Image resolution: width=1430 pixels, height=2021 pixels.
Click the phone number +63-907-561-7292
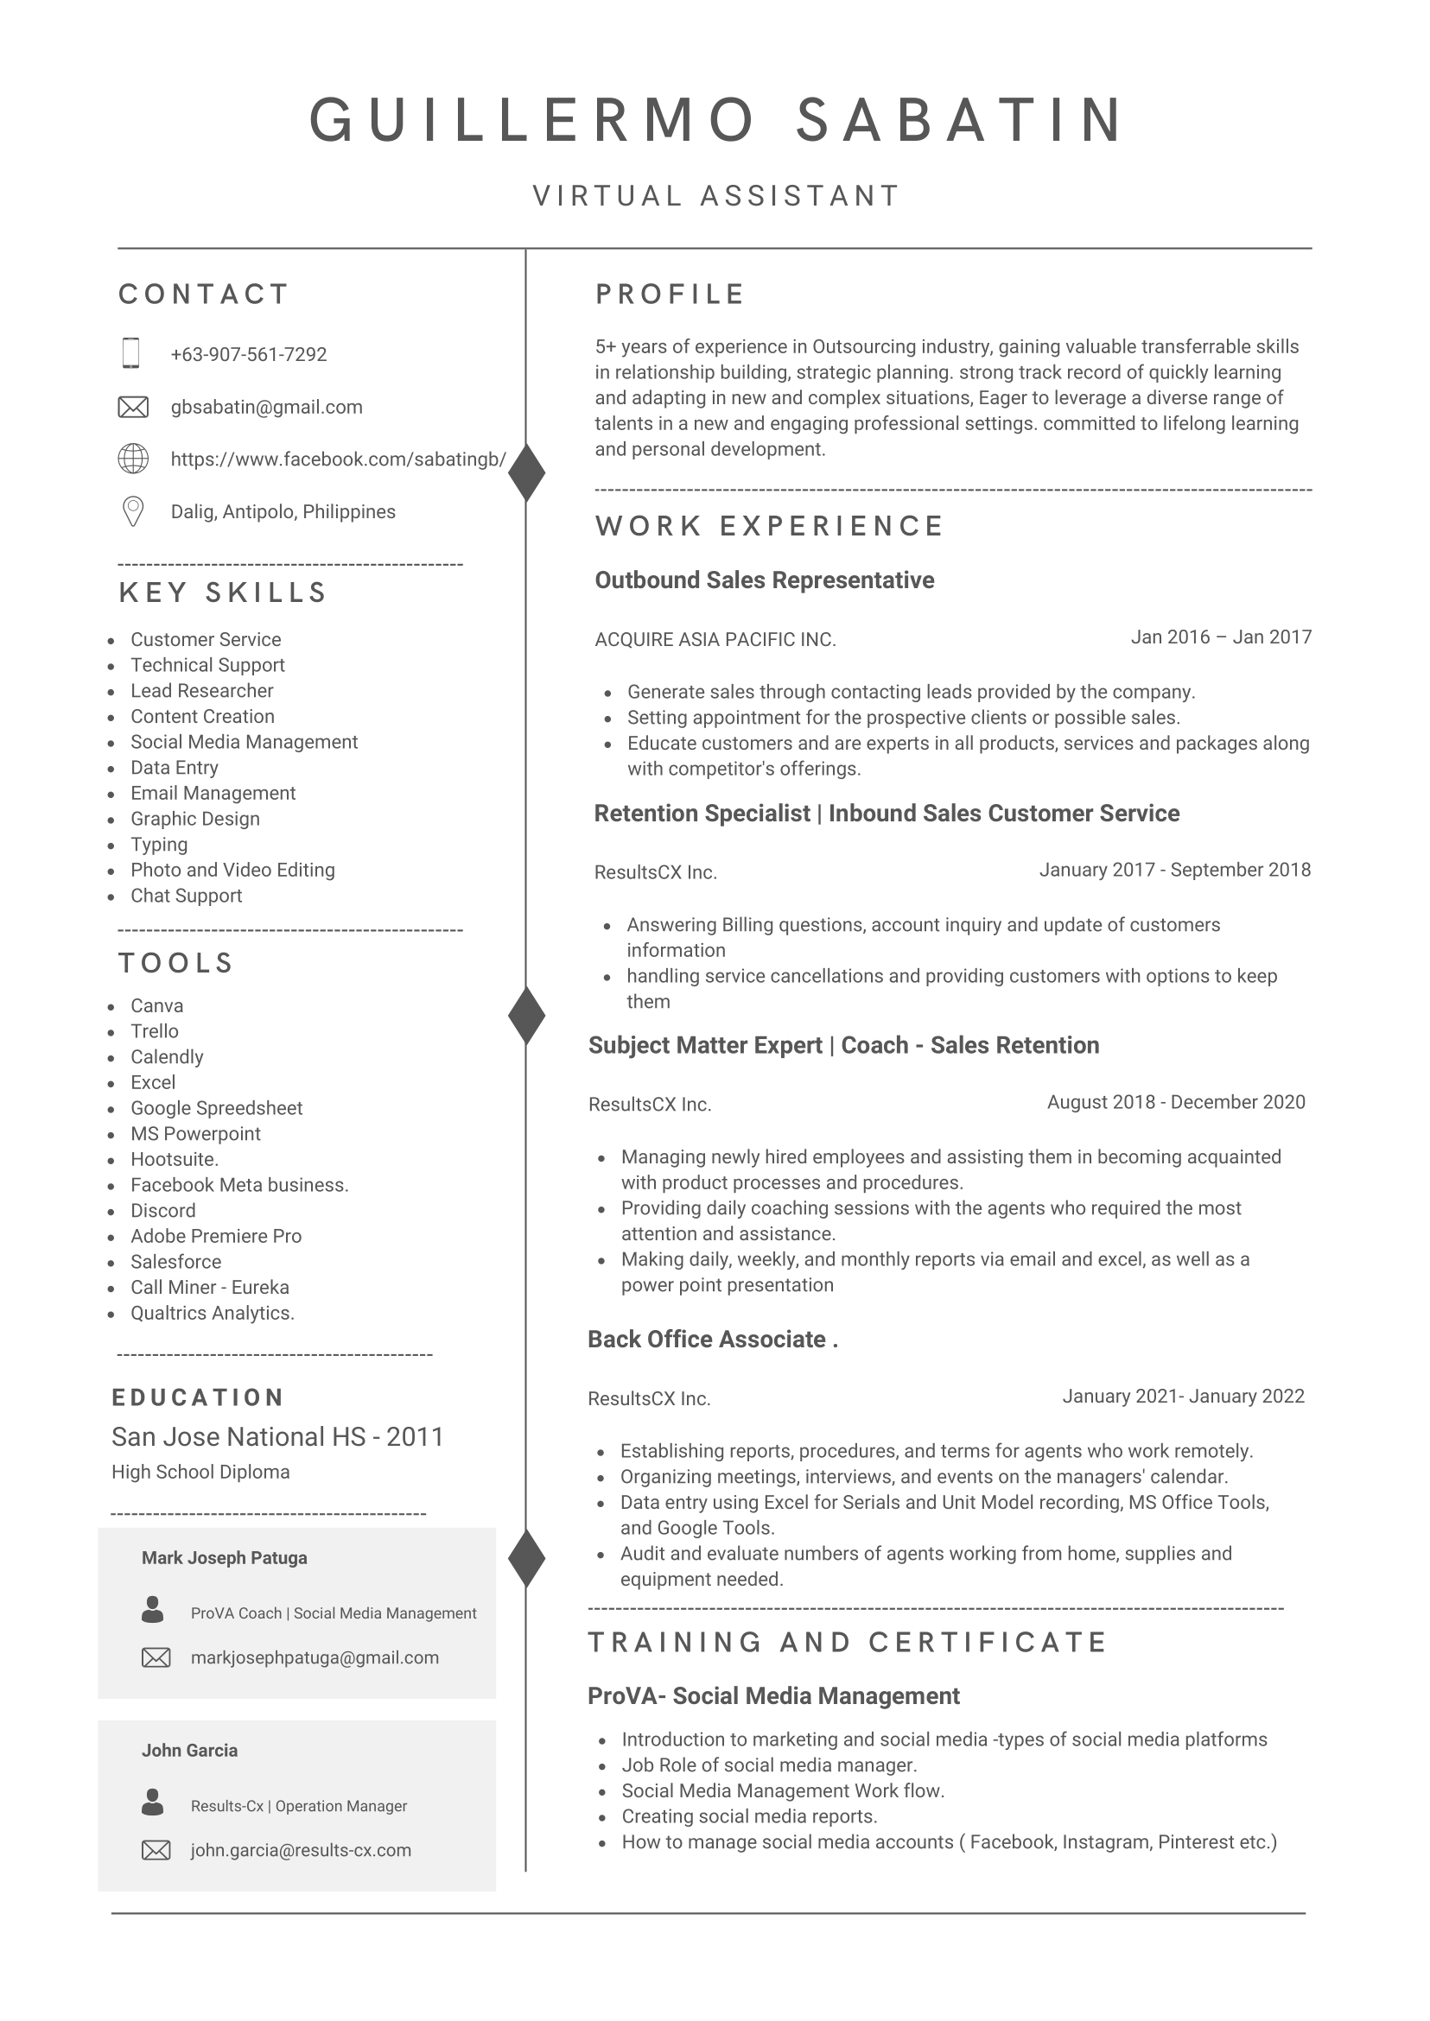pos(248,355)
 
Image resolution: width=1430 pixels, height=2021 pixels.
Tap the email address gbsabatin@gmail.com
pos(266,407)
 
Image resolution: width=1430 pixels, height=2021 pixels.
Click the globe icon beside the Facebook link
pos(133,459)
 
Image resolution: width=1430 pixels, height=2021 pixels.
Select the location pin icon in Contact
pos(133,511)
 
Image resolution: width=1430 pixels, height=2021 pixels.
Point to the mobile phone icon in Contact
pos(131,353)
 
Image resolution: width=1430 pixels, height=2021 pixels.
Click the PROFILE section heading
pos(671,294)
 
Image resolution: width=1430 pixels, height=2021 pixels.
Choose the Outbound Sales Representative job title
pos(765,580)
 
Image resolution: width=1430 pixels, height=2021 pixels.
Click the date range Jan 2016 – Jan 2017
pos(1220,637)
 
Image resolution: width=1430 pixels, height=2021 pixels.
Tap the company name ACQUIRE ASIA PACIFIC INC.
pos(715,640)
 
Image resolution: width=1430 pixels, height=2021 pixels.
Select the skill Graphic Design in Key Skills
pos(194,819)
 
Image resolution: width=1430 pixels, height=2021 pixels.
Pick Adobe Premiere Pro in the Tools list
pos(216,1236)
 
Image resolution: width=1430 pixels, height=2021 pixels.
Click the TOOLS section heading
pos(176,963)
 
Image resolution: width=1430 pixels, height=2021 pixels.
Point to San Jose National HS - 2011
pos(277,1436)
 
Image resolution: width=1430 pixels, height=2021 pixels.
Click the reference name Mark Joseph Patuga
pos(225,1558)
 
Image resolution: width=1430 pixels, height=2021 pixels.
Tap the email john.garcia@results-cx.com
pos(301,1850)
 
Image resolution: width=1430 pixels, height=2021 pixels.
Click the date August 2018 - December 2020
pos(1175,1102)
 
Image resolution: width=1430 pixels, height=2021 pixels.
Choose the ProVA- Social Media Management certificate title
pos(773,1696)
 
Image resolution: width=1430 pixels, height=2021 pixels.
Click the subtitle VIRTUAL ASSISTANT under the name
pos(716,195)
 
